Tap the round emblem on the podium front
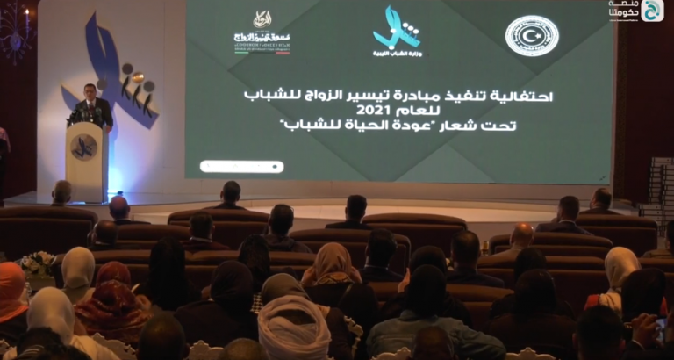click(x=83, y=147)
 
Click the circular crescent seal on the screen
click(x=532, y=36)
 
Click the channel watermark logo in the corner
click(x=651, y=11)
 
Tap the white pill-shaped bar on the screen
click(x=241, y=166)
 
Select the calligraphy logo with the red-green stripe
click(x=262, y=32)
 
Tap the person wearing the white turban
click(x=294, y=329)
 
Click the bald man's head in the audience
click(x=521, y=235)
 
